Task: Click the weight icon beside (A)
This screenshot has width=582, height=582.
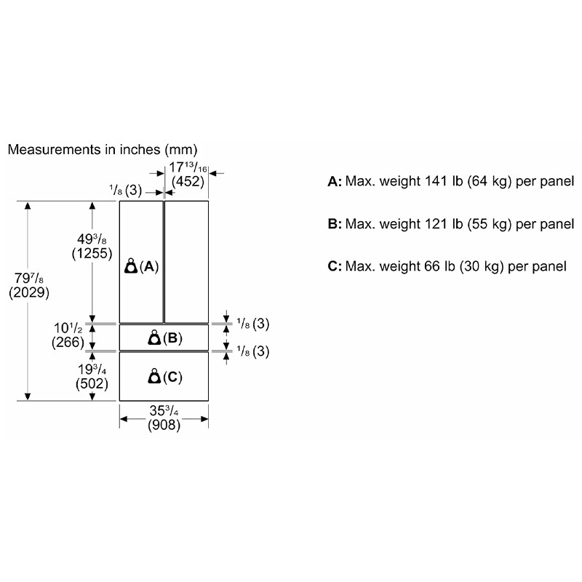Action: pyautogui.click(x=131, y=266)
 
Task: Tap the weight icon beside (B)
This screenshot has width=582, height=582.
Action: pyautogui.click(x=154, y=338)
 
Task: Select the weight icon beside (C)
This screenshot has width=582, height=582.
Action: pyautogui.click(x=154, y=376)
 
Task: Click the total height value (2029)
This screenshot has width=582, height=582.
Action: pyautogui.click(x=28, y=293)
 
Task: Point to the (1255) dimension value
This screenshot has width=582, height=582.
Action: pyautogui.click(x=92, y=254)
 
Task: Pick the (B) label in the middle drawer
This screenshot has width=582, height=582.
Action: pyautogui.click(x=172, y=338)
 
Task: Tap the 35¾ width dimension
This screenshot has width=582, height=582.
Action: pyautogui.click(x=164, y=412)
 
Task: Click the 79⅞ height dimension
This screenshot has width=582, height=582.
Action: pyautogui.click(x=30, y=279)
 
